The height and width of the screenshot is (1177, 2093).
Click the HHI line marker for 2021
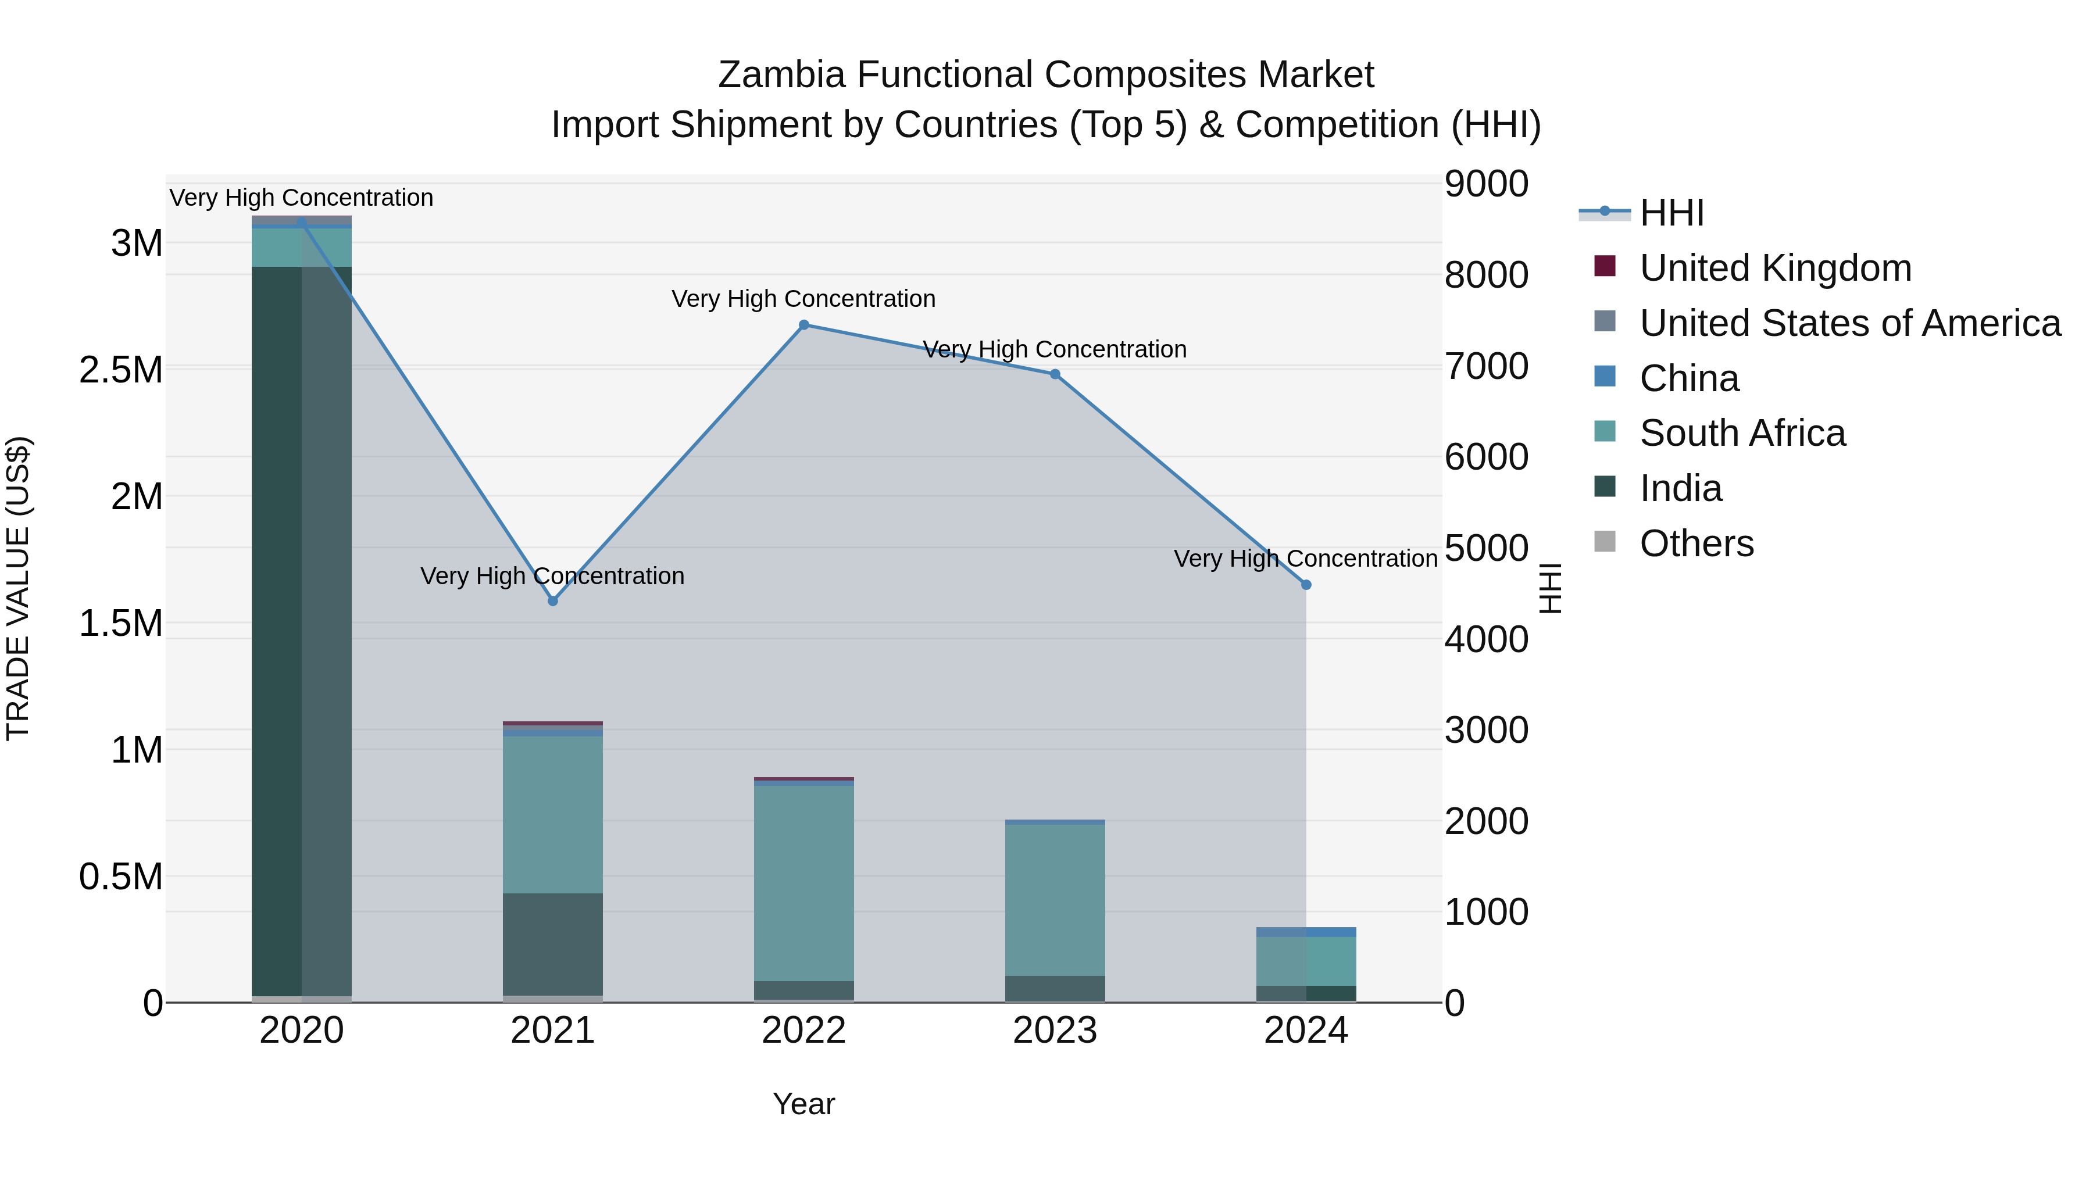(552, 601)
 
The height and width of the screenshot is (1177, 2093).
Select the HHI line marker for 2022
(803, 325)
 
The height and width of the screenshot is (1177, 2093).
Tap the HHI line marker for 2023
(1055, 374)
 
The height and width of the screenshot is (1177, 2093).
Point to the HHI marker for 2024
(1306, 585)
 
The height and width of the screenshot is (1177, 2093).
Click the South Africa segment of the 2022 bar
(803, 883)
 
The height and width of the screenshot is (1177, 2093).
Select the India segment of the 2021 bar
(552, 944)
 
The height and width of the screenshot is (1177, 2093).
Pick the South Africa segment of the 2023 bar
(1055, 900)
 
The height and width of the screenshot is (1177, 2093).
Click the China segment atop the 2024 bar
(1306, 932)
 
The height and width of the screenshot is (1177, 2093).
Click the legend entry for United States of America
(1849, 323)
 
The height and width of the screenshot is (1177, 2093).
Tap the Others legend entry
(1696, 543)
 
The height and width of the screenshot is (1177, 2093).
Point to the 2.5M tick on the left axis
(120, 370)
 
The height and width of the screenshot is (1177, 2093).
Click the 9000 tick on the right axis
(1486, 184)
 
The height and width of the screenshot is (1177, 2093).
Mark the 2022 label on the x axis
(803, 1031)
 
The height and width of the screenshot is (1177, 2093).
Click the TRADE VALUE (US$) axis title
(18, 588)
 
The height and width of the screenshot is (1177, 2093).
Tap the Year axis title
(803, 1104)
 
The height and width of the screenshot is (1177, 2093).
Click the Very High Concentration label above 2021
(552, 576)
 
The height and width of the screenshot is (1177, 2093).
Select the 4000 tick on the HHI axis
(1486, 639)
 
